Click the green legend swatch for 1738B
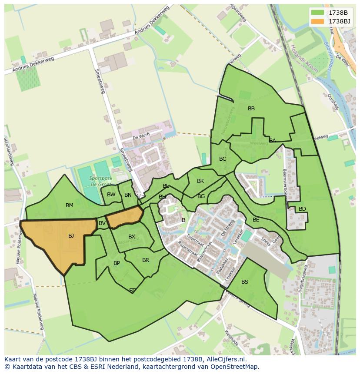318,13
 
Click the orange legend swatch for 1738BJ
318,21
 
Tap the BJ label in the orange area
71,236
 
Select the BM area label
70,205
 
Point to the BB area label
251,109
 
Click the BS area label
245,282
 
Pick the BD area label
302,209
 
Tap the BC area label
223,159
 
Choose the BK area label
200,181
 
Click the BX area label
132,237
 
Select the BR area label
146,260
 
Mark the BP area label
117,263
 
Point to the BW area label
111,195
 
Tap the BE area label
256,220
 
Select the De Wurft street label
141,136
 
